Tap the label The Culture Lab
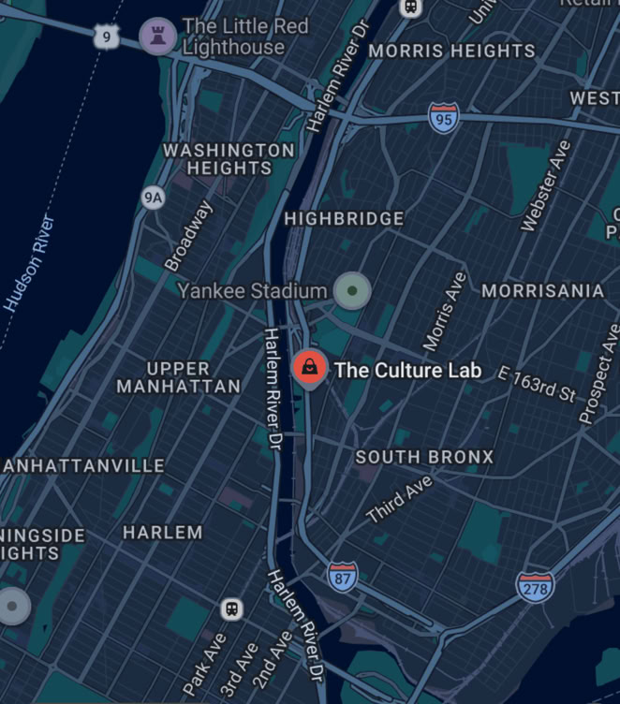407,370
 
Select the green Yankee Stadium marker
352,291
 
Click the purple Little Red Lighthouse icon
157,36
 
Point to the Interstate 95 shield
444,118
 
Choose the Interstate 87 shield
343,576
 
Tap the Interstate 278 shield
535,588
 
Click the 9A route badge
152,198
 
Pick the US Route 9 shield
106,37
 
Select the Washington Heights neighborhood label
229,158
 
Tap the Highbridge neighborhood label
344,218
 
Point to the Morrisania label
542,291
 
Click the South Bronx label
424,457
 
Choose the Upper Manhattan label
178,376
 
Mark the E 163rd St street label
537,385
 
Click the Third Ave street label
400,499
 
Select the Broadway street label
188,237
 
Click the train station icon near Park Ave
231,609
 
